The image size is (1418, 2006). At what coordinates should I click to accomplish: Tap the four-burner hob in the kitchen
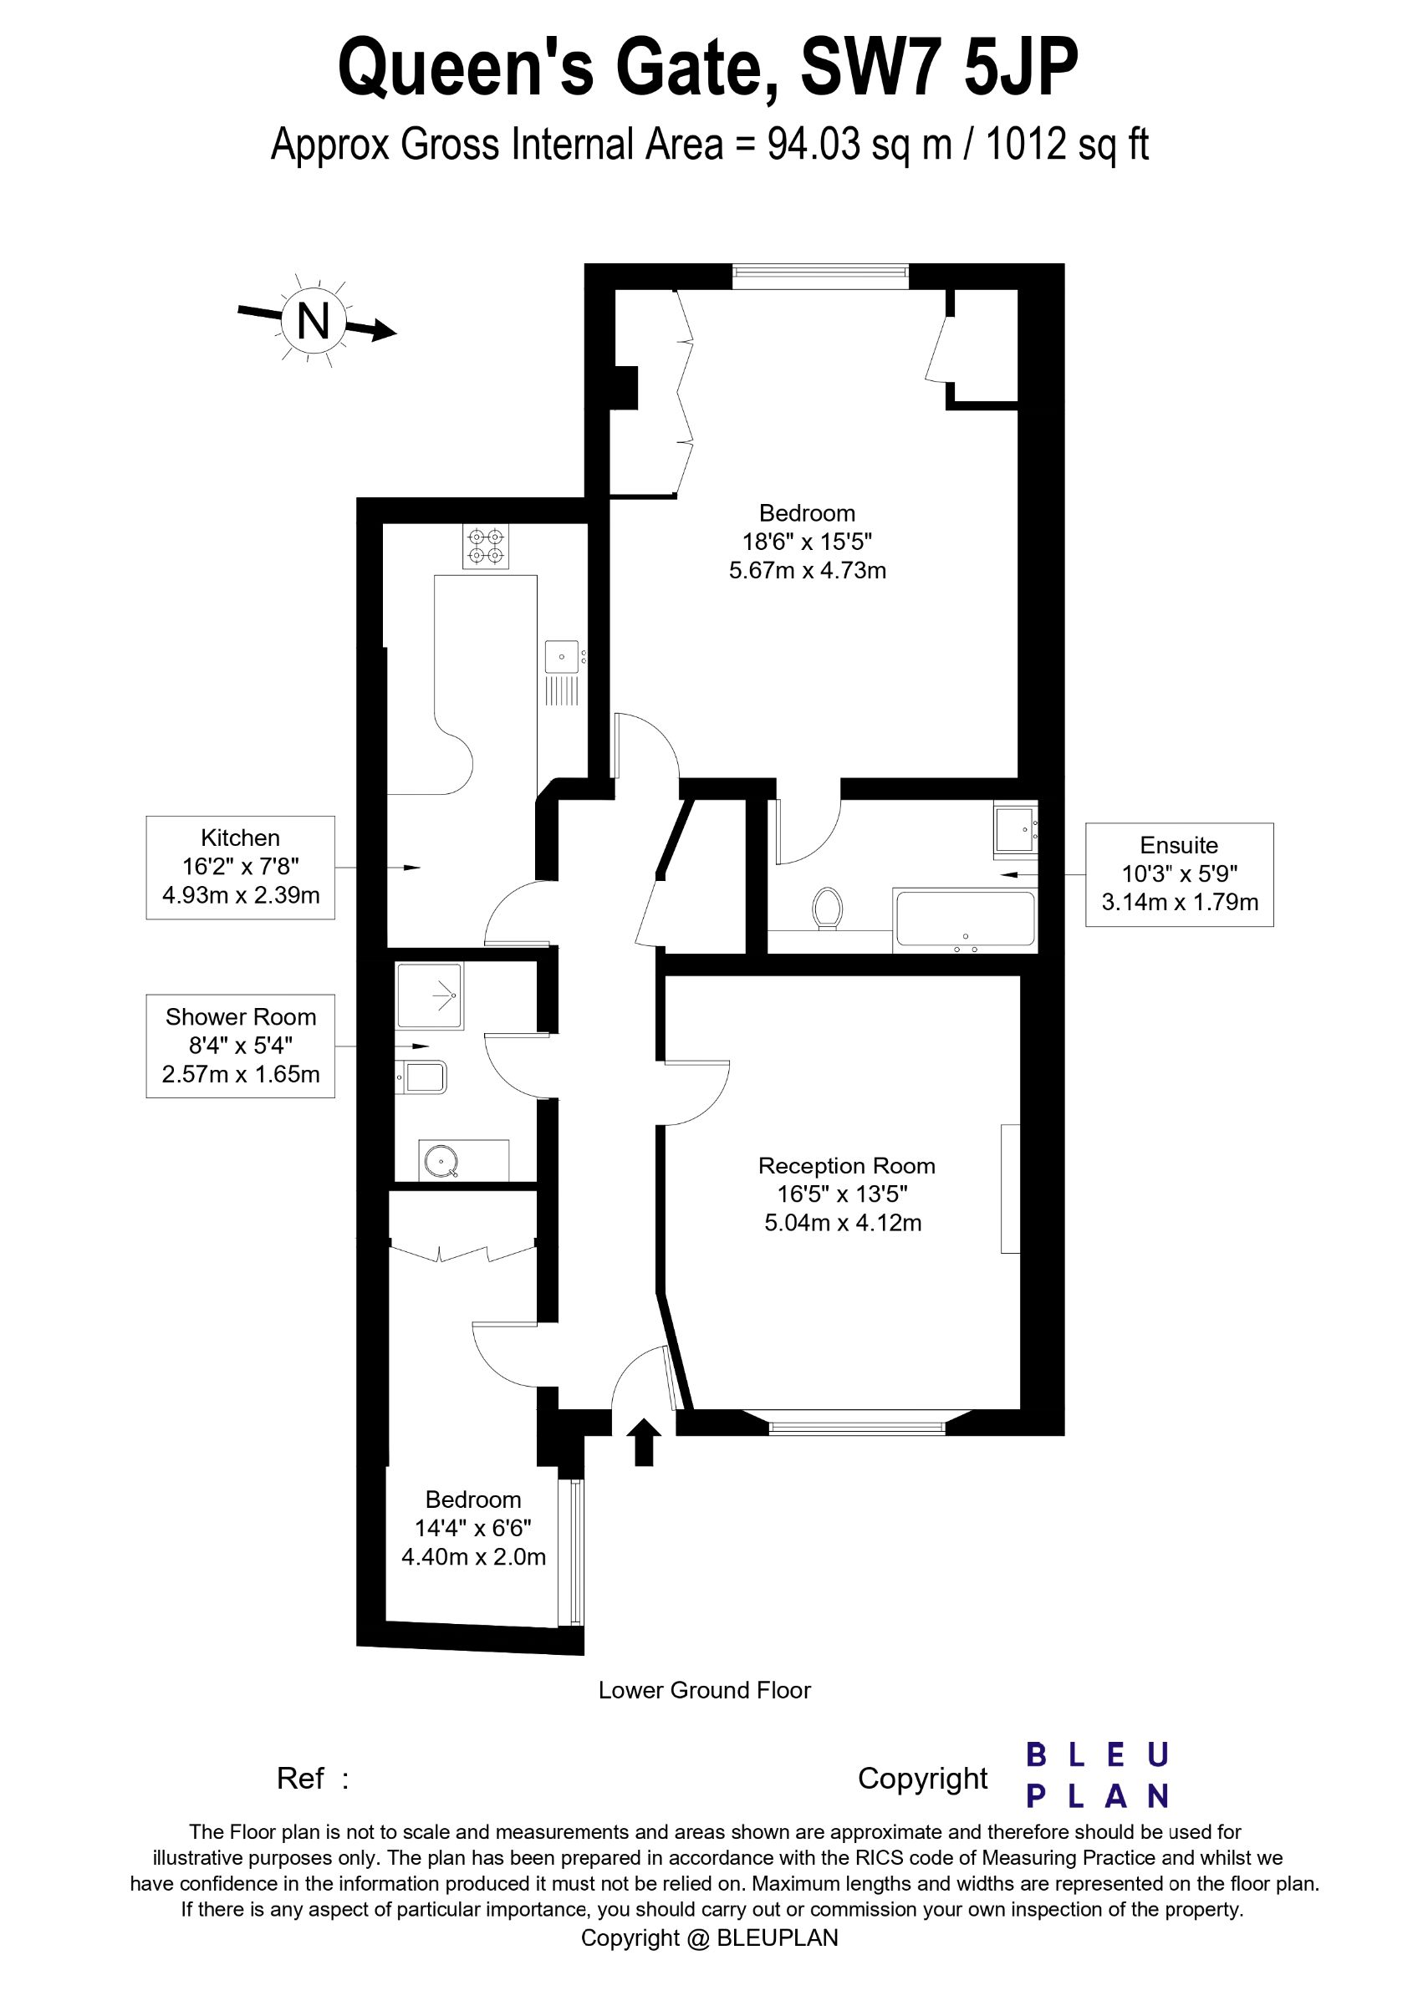coord(486,546)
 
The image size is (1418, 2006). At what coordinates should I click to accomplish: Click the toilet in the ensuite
coord(827,909)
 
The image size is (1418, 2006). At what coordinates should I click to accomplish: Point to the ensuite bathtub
coord(965,920)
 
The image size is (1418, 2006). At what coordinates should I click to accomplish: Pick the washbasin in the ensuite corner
coord(1015,828)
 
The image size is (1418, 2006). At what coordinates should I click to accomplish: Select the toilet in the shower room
coord(422,1077)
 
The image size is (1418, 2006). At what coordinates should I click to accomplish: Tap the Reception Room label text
coord(846,1165)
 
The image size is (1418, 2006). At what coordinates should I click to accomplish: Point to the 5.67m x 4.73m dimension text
coord(808,571)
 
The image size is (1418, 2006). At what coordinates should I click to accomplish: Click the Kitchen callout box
coord(240,868)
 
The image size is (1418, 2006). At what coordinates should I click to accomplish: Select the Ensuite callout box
coord(1180,873)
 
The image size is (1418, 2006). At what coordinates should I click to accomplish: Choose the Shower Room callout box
coord(240,1046)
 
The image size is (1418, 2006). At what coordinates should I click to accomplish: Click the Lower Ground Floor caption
coord(704,1690)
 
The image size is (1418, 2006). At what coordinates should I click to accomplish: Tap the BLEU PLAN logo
coord(1097,1775)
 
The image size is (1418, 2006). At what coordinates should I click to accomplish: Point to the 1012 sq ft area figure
coord(1067,144)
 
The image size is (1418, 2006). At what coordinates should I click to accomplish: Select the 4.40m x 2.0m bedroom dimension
coord(473,1556)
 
